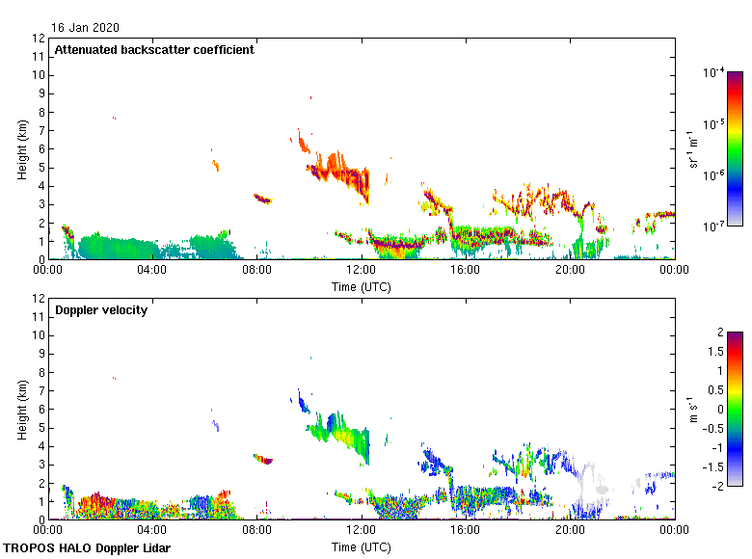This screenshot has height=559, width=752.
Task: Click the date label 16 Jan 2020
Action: coord(87,28)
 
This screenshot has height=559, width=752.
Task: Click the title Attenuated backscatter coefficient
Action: coord(154,49)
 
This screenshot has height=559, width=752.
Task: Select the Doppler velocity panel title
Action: coord(101,310)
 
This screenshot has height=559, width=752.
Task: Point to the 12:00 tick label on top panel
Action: coord(362,270)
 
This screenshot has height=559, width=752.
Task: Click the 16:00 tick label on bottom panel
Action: coord(466,530)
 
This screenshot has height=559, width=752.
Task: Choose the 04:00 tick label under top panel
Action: coord(152,270)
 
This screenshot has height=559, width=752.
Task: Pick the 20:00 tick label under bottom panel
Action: coord(570,530)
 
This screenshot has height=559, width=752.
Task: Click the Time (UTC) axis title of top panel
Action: coord(362,286)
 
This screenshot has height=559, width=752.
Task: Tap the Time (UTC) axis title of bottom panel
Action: coord(362,546)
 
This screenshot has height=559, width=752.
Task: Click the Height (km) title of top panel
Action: coord(21,149)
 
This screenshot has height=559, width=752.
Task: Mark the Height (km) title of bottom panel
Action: coord(21,410)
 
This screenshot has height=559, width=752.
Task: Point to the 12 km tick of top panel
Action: coord(39,39)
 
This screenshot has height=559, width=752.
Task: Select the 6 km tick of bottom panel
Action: coord(41,410)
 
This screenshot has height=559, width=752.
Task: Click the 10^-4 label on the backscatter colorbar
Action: coord(714,72)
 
